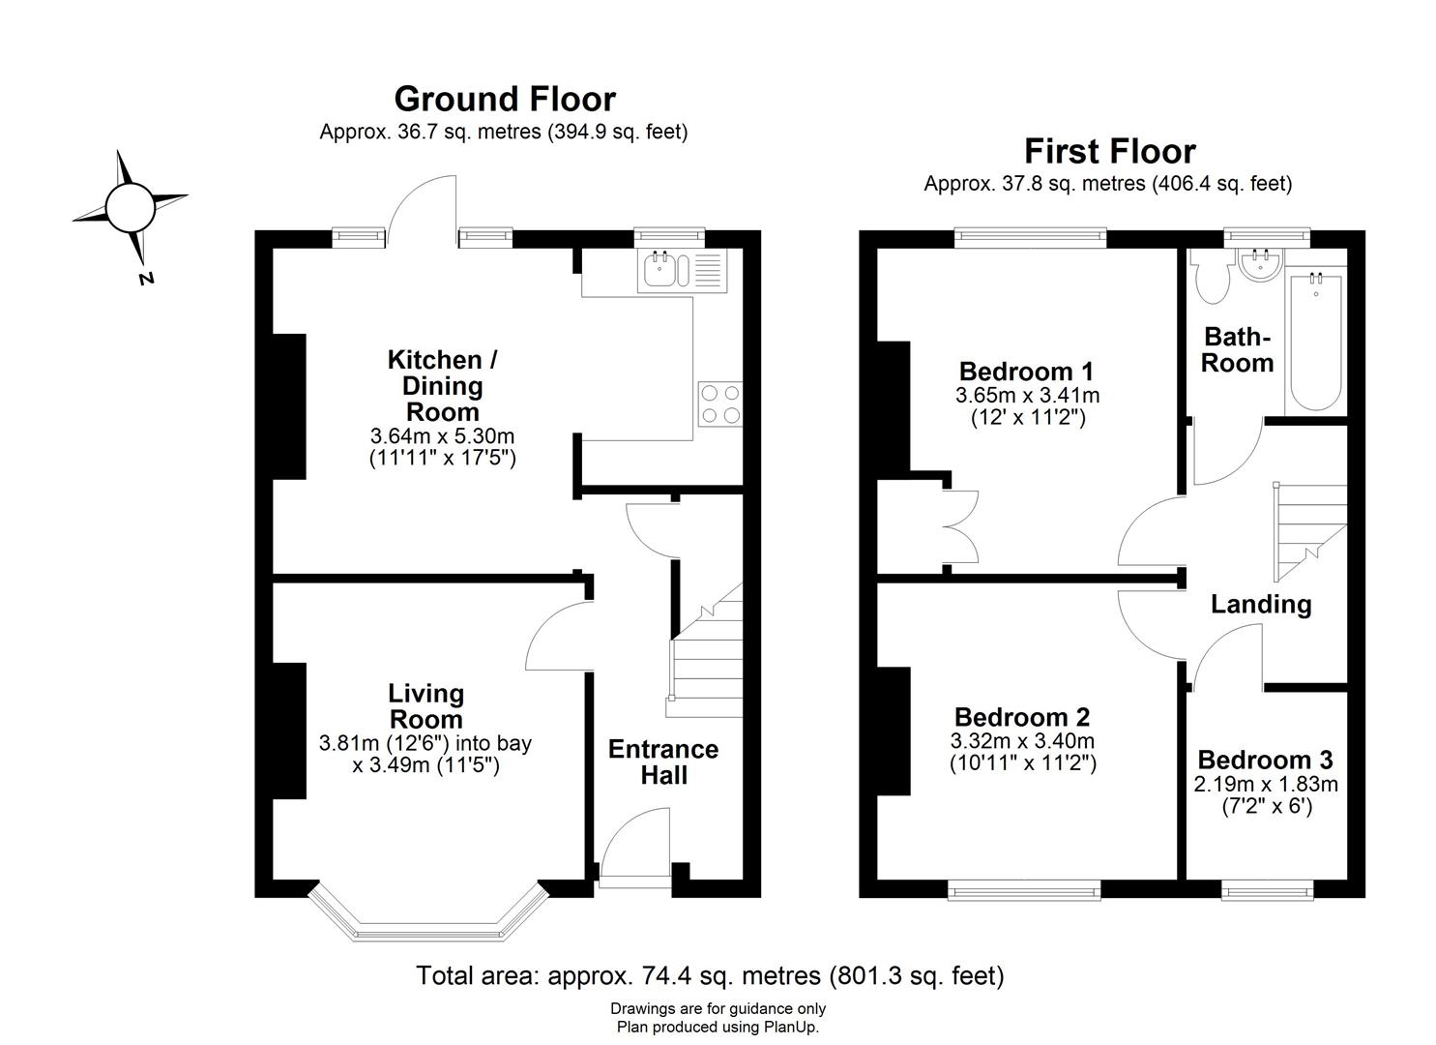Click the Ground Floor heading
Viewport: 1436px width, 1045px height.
click(x=505, y=100)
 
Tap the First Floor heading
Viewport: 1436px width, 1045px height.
click(x=1110, y=151)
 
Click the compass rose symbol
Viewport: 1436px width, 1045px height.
click(x=131, y=208)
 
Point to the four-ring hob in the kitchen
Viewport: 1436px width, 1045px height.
click(x=720, y=404)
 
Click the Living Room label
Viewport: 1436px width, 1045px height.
click(x=425, y=706)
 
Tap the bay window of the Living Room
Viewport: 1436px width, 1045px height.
click(x=428, y=916)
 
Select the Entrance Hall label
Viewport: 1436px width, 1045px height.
click(x=663, y=762)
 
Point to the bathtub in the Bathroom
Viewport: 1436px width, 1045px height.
click(x=1315, y=343)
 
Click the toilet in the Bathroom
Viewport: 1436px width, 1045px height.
click(x=1211, y=276)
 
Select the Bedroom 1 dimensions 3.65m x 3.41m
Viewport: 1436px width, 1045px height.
click(x=1028, y=395)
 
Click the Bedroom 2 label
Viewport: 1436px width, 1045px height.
click(x=1022, y=717)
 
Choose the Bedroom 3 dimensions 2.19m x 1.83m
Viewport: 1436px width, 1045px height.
click(x=1265, y=784)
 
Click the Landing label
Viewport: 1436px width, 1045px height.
click(x=1260, y=605)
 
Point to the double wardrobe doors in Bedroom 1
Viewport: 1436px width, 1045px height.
click(x=960, y=526)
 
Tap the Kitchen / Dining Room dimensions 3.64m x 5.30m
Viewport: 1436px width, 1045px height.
click(x=442, y=436)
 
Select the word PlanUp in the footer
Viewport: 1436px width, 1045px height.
click(x=789, y=1027)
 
